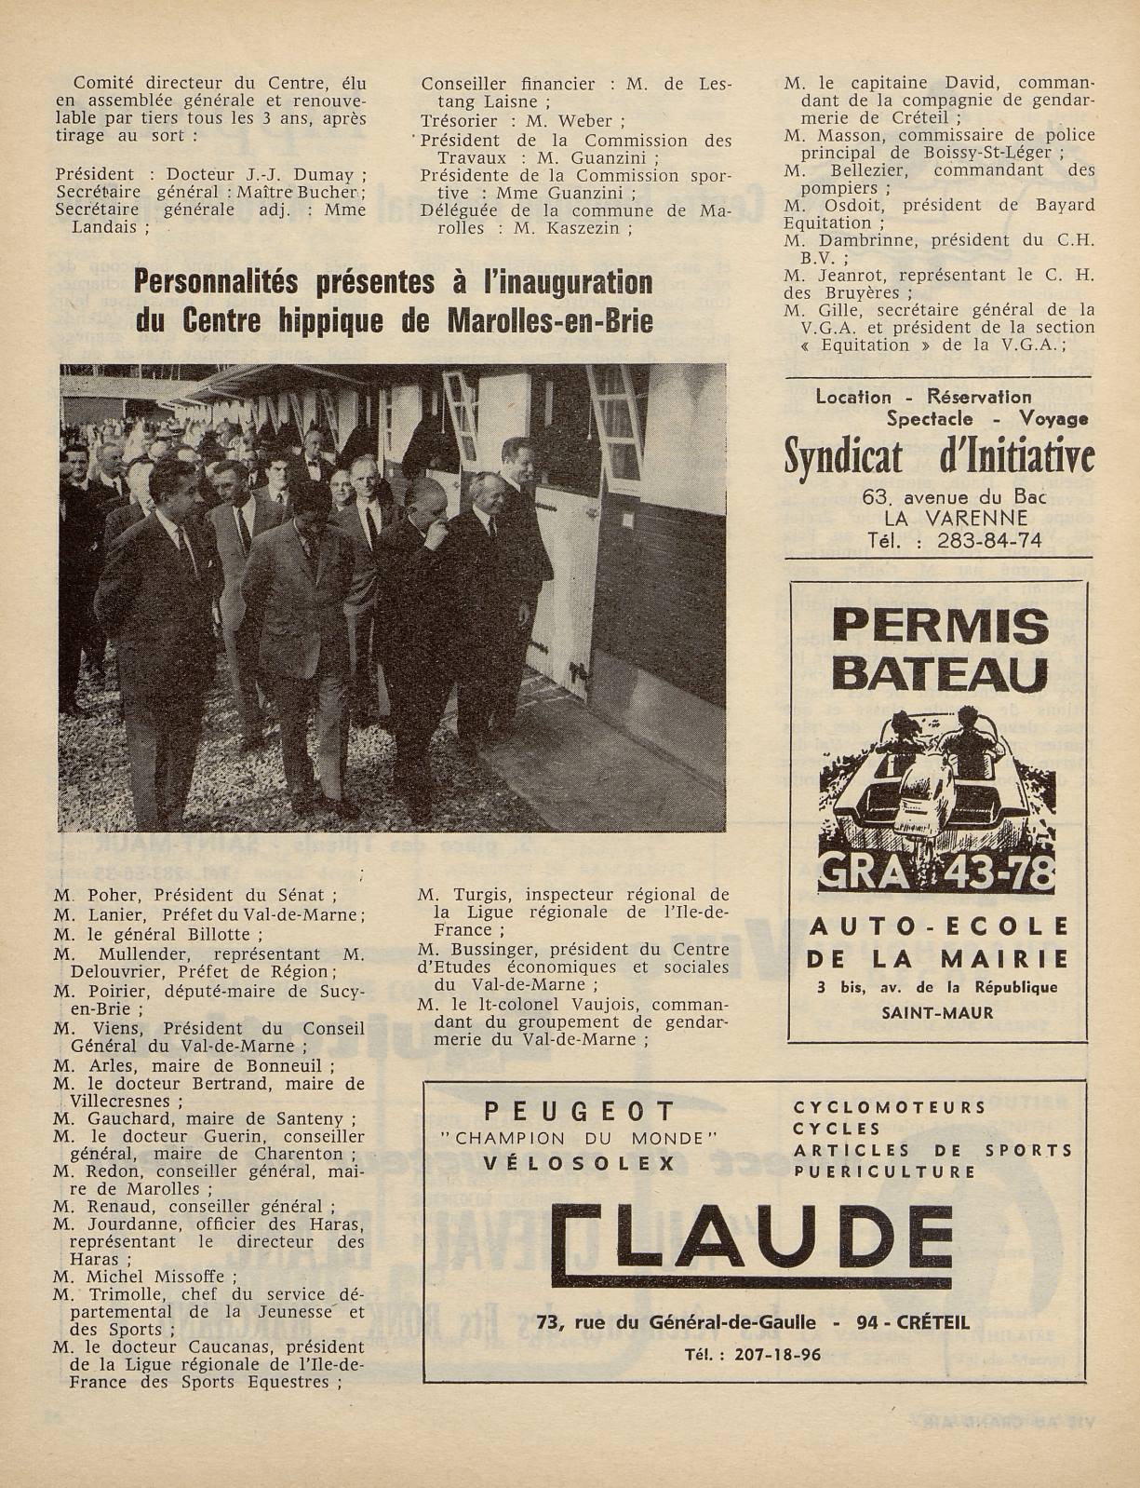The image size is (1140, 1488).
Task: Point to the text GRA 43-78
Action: (x=937, y=872)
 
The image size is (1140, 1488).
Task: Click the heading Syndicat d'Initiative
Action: (x=939, y=457)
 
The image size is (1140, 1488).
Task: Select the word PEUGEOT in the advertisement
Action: (x=579, y=1111)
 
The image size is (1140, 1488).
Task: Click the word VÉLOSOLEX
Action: (x=579, y=1163)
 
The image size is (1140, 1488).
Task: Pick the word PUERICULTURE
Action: (x=885, y=1171)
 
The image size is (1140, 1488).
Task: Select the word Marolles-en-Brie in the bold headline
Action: (x=549, y=321)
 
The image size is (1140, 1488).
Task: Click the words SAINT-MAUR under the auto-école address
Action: (x=937, y=1011)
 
